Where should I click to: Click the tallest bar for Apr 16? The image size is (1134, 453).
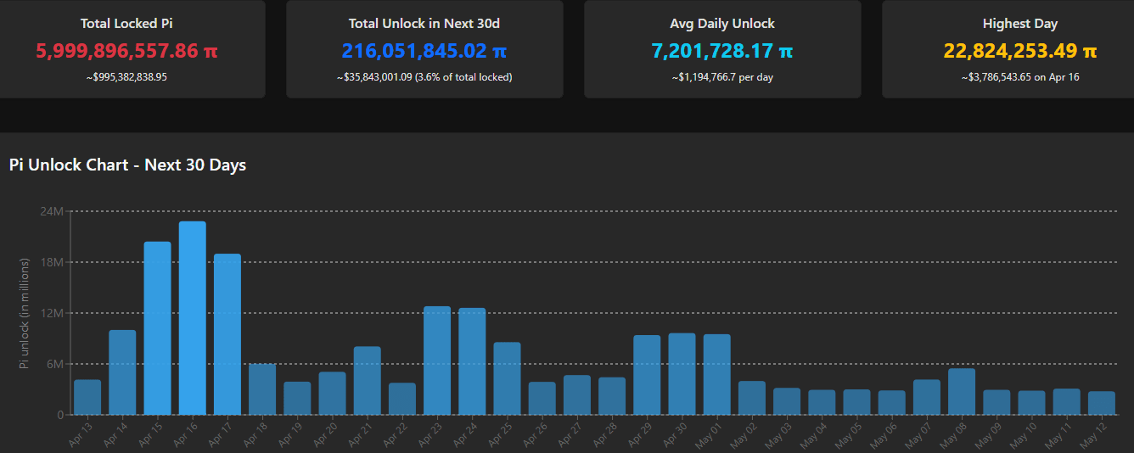(x=192, y=318)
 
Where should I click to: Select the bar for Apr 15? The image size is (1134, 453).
(x=157, y=328)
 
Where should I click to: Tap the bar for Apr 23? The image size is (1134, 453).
(x=437, y=361)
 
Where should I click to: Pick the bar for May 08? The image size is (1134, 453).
(x=962, y=392)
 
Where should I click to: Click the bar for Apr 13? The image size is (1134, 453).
(x=87, y=397)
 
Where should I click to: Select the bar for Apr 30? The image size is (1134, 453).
(x=682, y=374)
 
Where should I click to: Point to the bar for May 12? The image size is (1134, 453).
(x=1102, y=403)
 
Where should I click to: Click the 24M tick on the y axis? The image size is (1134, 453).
(x=52, y=210)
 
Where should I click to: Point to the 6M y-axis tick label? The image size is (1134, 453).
(x=54, y=364)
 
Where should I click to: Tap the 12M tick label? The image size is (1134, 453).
(x=52, y=313)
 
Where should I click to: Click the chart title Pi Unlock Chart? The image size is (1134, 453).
(x=127, y=165)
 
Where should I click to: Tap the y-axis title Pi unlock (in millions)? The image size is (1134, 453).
(x=25, y=313)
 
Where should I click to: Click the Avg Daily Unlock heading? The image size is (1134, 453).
(x=721, y=24)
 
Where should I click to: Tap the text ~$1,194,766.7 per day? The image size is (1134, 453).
(x=721, y=77)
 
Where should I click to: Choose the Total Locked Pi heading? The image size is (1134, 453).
(x=126, y=24)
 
